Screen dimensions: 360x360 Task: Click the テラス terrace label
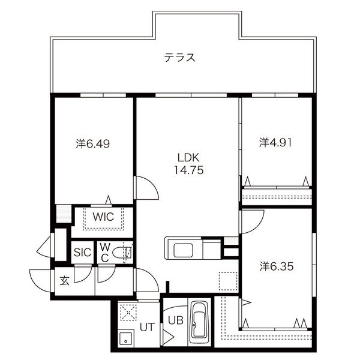tap(180, 58)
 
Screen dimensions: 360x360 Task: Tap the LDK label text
tap(188, 157)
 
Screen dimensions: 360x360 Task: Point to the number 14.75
tap(189, 170)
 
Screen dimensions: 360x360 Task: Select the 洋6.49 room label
tap(93, 144)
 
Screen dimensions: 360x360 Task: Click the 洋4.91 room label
tap(275, 143)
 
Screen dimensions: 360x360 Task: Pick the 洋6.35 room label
tap(277, 266)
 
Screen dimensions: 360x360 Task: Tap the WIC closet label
tap(103, 217)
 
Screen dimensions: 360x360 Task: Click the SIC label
tap(82, 253)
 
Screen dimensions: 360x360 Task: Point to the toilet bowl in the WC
tap(121, 253)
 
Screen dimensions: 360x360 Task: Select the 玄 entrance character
tap(65, 281)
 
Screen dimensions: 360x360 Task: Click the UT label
tap(147, 327)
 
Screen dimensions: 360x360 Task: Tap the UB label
tap(176, 320)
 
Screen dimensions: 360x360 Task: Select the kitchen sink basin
tap(183, 250)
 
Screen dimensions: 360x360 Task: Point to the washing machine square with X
tap(128, 312)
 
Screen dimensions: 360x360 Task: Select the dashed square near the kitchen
tap(228, 281)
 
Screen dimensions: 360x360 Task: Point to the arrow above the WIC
tap(109, 200)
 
